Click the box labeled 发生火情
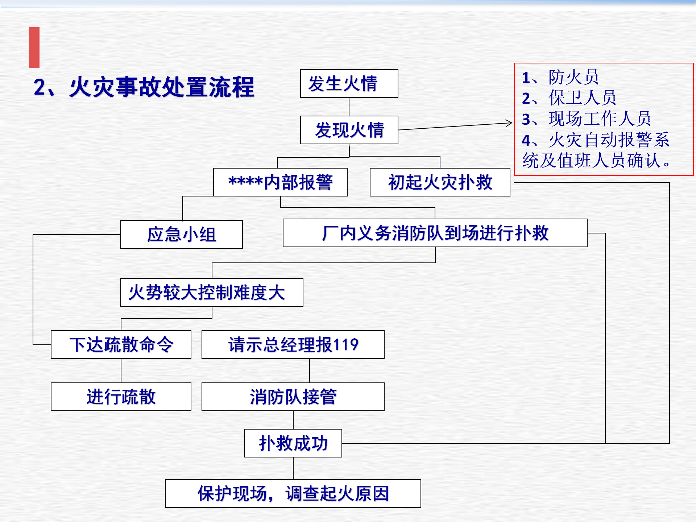pyautogui.click(x=349, y=83)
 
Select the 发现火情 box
pyautogui.click(x=349, y=130)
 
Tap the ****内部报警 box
pyautogui.click(x=280, y=182)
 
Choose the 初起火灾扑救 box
pyautogui.click(x=440, y=182)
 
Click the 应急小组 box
pyautogui.click(x=182, y=234)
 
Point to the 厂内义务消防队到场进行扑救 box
pyautogui.click(x=435, y=233)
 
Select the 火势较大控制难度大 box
pyautogui.click(x=212, y=292)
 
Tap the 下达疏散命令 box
pyautogui.click(x=121, y=344)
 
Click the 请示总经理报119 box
pyautogui.click(x=293, y=344)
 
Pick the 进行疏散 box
pyautogui.click(x=121, y=397)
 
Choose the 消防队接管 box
pyautogui.click(x=293, y=397)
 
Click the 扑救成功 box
pyautogui.click(x=293, y=443)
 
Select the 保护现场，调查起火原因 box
pyautogui.click(x=293, y=493)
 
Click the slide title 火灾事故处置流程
pyautogui.click(x=162, y=87)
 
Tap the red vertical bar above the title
pyautogui.click(x=34, y=47)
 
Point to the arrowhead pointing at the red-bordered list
pyautogui.click(x=510, y=123)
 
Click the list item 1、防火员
pyautogui.click(x=560, y=77)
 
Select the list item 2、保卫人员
pyautogui.click(x=569, y=98)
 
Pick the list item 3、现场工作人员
pyautogui.click(x=587, y=119)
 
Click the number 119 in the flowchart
pyautogui.click(x=345, y=344)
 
